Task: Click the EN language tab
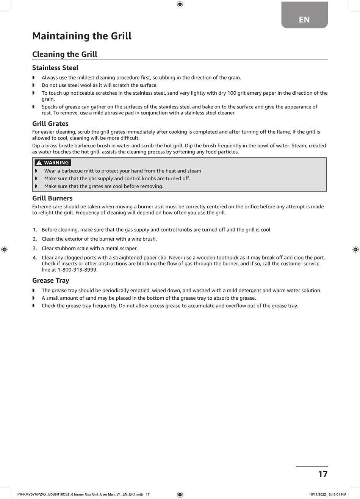(x=304, y=19)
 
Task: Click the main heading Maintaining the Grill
(x=82, y=36)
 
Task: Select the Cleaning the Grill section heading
(x=65, y=54)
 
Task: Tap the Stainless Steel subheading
(x=55, y=68)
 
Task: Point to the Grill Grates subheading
(x=50, y=124)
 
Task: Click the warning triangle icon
(x=39, y=163)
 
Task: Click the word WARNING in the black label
(x=56, y=163)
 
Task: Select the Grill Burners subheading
(x=52, y=198)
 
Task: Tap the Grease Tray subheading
(x=51, y=280)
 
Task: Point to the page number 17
(x=322, y=474)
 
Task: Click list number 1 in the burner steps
(x=34, y=230)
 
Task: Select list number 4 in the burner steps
(x=34, y=258)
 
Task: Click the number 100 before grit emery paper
(x=232, y=93)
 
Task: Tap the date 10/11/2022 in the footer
(x=317, y=494)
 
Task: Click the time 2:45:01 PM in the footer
(x=337, y=494)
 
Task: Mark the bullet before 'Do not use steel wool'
(x=33, y=85)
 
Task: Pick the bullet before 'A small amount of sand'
(x=33, y=298)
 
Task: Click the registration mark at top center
(x=180, y=4)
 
